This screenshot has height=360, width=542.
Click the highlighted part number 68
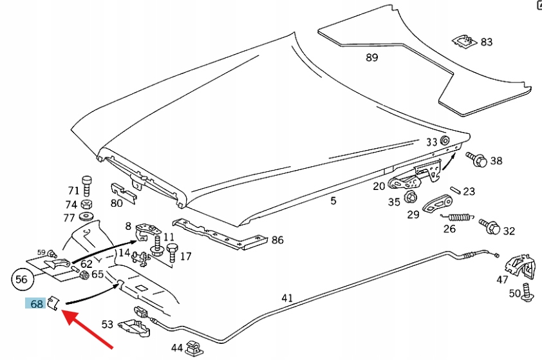click(x=36, y=303)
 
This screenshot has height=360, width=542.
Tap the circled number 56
click(x=22, y=280)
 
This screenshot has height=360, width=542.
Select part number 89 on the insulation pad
click(x=371, y=57)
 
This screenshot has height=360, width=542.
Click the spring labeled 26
click(x=457, y=216)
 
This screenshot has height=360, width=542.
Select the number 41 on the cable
click(x=287, y=298)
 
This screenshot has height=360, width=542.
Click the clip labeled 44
click(x=194, y=348)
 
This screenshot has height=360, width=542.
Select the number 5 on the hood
click(x=333, y=201)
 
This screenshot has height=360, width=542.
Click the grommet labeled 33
click(x=444, y=141)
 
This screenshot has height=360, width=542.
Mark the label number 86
click(x=277, y=240)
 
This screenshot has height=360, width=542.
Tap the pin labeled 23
click(x=454, y=190)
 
